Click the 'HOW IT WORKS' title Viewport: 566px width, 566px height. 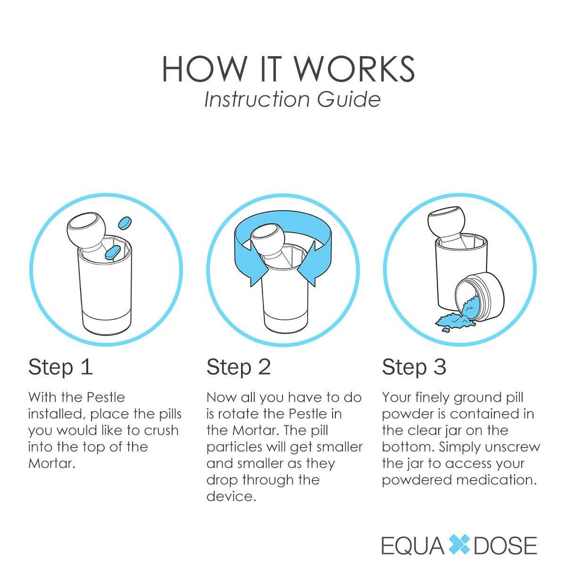click(288, 69)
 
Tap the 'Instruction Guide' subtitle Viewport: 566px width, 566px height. click(292, 100)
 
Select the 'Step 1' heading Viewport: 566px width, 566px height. click(60, 367)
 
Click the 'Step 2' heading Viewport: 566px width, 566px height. click(239, 367)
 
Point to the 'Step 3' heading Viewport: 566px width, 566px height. click(414, 367)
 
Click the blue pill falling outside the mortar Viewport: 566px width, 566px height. click(125, 222)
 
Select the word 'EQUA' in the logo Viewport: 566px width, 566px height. click(413, 545)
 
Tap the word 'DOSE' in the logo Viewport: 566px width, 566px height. click(505, 545)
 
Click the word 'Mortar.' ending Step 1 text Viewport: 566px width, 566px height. click(52, 463)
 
